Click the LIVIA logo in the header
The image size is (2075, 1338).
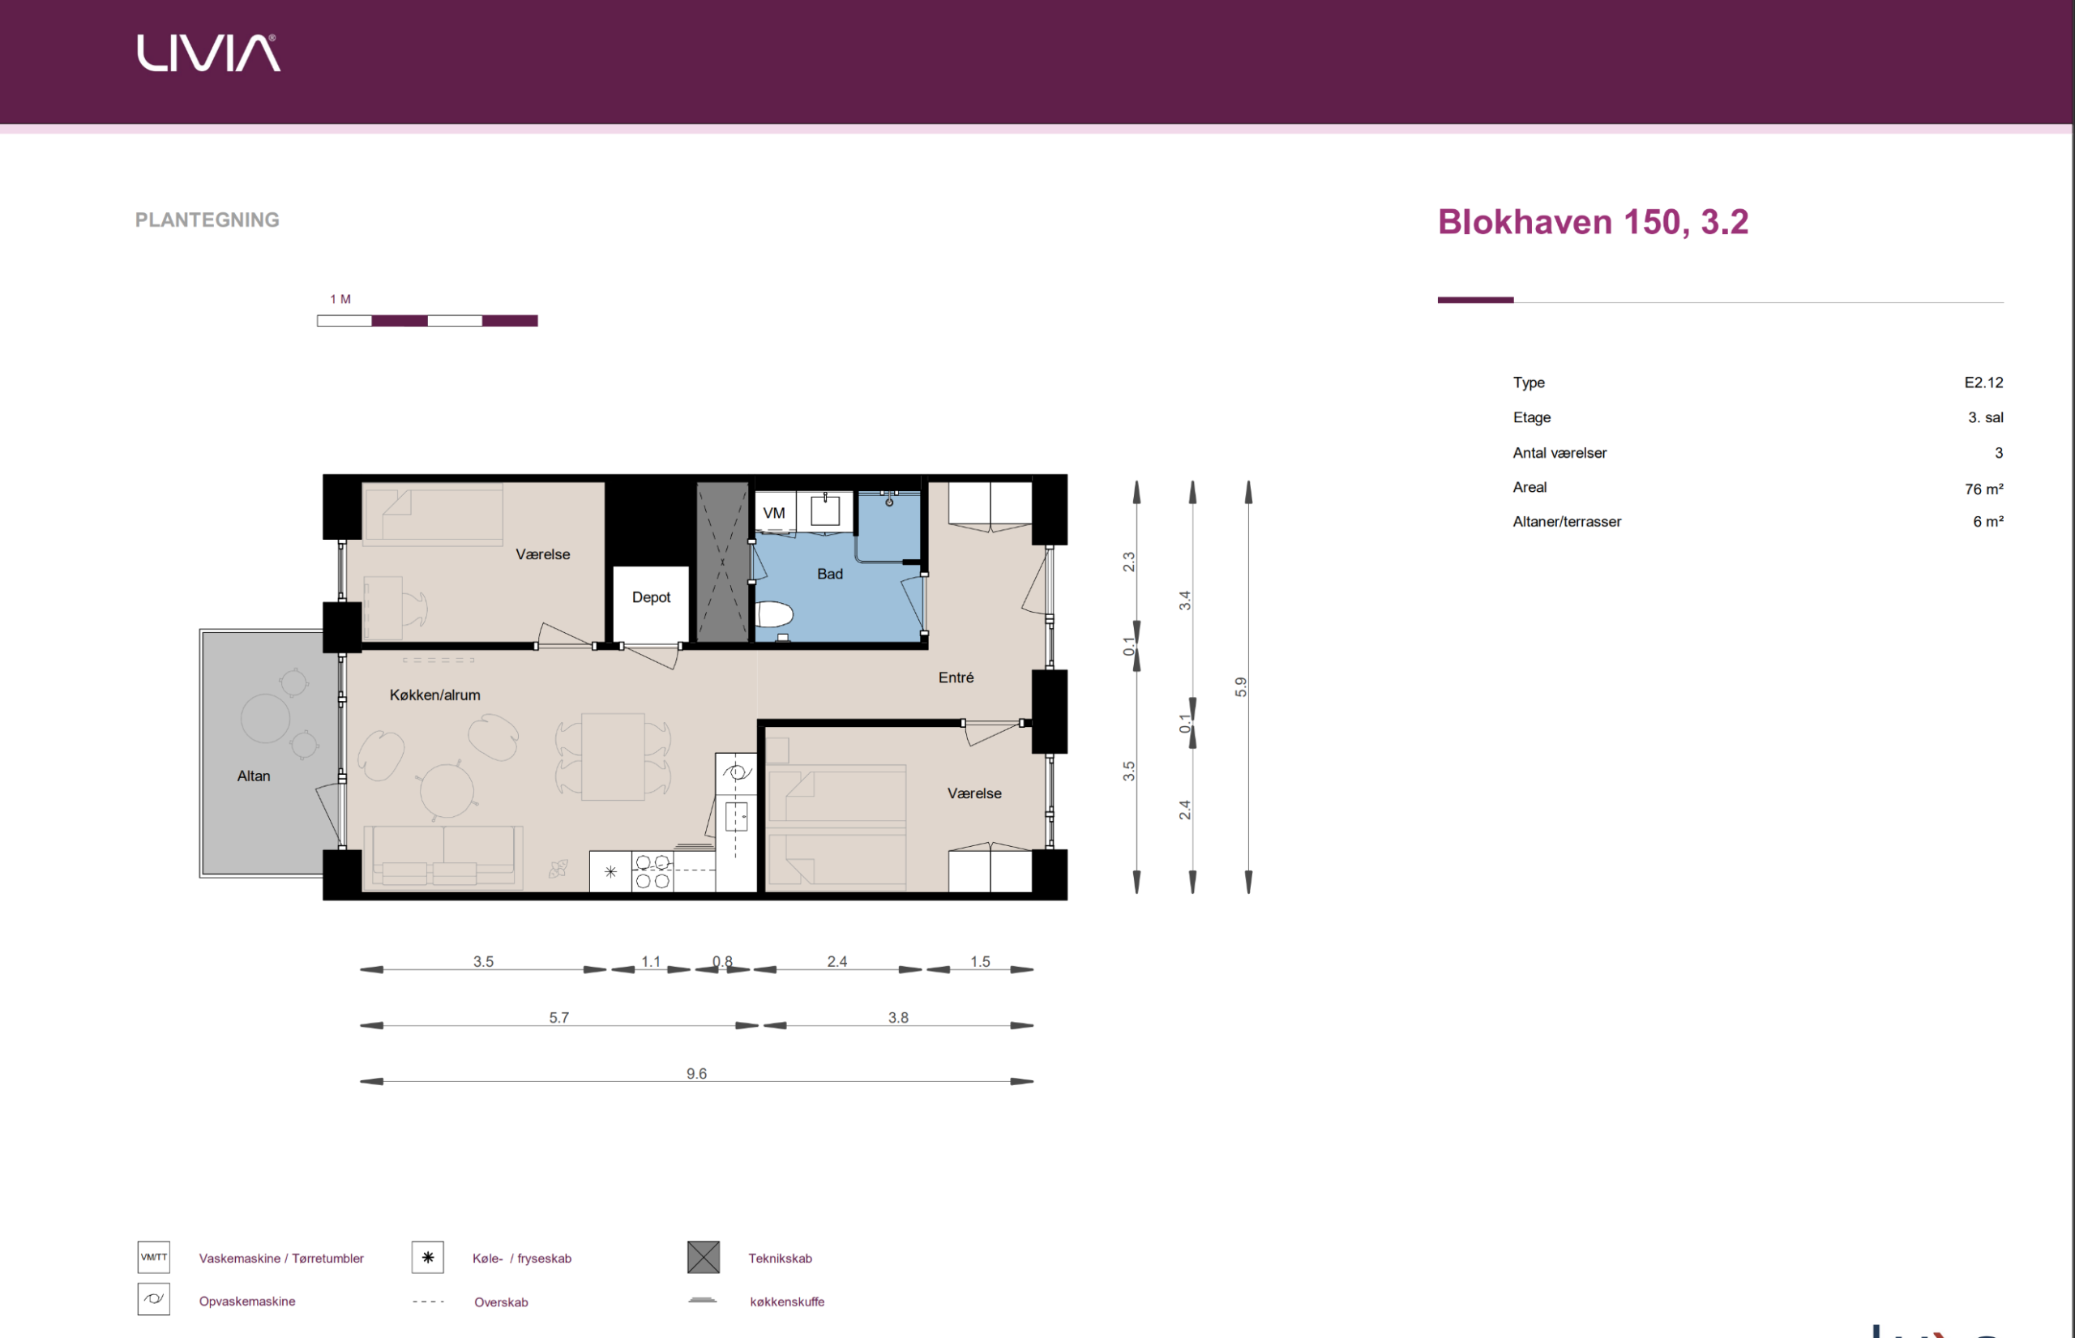click(208, 53)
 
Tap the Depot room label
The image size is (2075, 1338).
click(651, 598)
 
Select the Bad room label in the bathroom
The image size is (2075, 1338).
click(830, 575)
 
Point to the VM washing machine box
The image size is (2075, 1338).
click(773, 514)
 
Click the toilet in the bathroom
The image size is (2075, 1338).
click(774, 614)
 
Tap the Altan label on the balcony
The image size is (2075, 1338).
click(254, 776)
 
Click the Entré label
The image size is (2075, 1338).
click(956, 678)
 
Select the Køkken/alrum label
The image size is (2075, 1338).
click(434, 695)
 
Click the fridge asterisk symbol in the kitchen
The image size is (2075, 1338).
click(611, 871)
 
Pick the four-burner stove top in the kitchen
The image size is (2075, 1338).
click(652, 871)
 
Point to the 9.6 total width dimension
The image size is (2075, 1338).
click(697, 1074)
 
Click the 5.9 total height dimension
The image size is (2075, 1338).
click(1241, 686)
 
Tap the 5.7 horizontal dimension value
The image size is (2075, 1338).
click(558, 1017)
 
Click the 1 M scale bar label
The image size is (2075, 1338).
click(340, 299)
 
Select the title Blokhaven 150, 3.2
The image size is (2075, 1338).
click(1593, 222)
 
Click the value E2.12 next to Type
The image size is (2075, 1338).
click(1983, 383)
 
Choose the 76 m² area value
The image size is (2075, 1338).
click(1983, 489)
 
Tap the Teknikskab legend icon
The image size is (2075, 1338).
click(703, 1257)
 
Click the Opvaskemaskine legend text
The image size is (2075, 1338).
click(246, 1302)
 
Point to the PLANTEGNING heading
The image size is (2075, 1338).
click(207, 220)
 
